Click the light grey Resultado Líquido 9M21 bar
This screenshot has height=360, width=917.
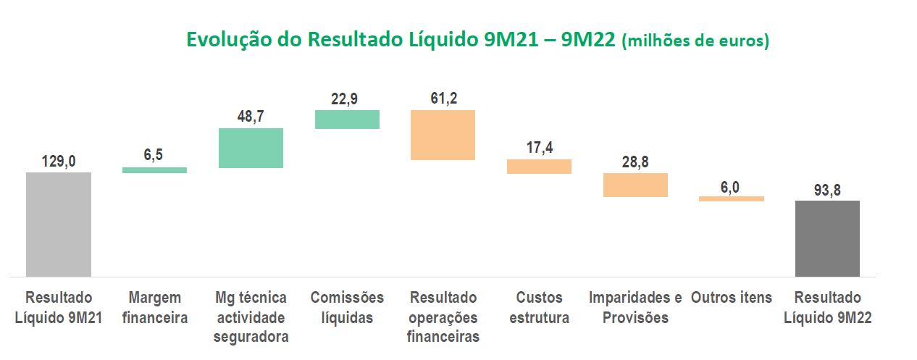58,224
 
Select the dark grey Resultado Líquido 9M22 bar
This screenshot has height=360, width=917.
827,238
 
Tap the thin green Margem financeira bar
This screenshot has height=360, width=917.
154,170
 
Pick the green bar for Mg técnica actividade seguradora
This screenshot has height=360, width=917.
251,148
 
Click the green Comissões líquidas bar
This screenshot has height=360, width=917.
347,119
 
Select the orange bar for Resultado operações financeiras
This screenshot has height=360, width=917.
443,135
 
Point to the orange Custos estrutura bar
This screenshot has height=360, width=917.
539,167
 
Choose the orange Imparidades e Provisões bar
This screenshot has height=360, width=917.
635,185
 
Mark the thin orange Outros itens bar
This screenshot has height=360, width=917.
731,198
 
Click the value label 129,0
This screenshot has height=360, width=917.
58,162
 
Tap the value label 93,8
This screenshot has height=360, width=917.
827,190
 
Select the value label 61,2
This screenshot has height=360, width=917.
443,99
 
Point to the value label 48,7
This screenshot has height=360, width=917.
251,117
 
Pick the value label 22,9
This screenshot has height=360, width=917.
347,99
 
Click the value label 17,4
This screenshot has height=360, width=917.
539,148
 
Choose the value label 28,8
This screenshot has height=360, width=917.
635,162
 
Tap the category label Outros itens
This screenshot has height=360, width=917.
731,298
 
